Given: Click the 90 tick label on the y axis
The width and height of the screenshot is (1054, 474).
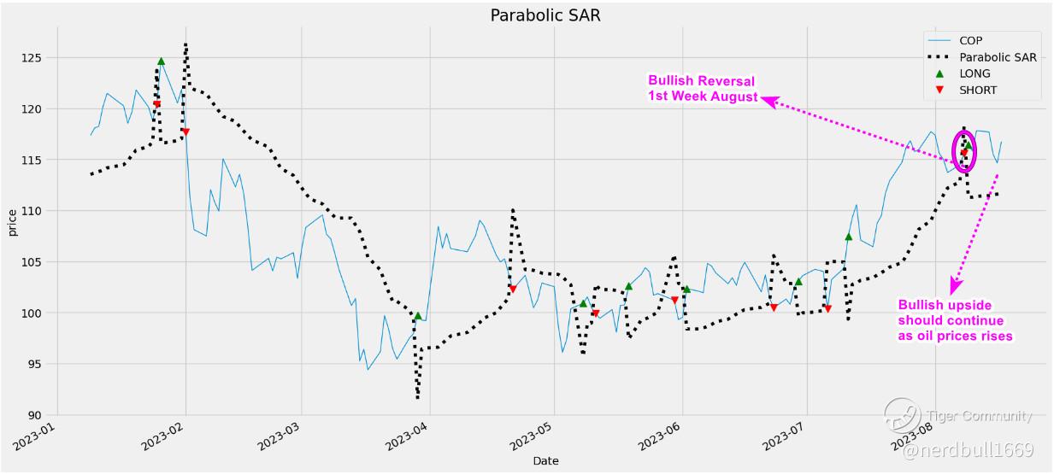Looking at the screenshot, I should click(42, 415).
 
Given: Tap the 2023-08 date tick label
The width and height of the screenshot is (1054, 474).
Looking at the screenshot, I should click(916, 436).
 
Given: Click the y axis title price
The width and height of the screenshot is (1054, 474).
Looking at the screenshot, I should click(13, 221).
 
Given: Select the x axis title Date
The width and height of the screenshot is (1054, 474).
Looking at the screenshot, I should click(545, 461).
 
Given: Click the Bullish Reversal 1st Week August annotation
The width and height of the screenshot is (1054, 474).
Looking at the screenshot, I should click(702, 89).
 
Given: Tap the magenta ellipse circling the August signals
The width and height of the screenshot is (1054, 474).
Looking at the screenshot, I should click(964, 150).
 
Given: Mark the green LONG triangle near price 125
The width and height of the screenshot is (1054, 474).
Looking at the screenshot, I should click(161, 61).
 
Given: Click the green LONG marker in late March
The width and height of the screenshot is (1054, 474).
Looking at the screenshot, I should click(418, 316).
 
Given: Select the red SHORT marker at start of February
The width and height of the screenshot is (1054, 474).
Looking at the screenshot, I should click(185, 132).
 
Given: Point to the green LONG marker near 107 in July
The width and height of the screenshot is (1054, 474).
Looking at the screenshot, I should click(848, 237).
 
